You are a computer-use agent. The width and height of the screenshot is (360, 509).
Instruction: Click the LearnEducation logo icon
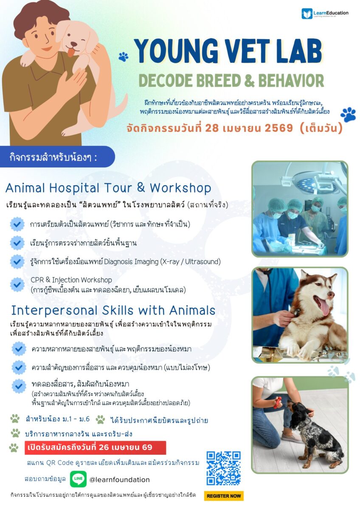(x=307, y=14)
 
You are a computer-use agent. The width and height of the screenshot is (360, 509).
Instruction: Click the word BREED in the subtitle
(x=219, y=81)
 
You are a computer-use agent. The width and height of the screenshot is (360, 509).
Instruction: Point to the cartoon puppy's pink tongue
(x=71, y=53)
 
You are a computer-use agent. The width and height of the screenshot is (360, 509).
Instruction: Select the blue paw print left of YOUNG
(x=123, y=56)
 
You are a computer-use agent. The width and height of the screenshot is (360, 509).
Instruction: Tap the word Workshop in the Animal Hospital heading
(x=180, y=188)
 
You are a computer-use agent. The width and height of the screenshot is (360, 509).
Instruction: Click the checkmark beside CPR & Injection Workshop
(x=17, y=284)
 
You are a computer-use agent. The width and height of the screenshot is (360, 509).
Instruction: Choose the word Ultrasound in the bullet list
(x=202, y=262)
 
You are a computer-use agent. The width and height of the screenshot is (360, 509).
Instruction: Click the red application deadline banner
(x=95, y=447)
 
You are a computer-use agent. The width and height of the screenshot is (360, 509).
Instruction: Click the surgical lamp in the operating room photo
(x=314, y=182)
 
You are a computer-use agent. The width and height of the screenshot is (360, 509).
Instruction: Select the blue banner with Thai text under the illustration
(x=57, y=157)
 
